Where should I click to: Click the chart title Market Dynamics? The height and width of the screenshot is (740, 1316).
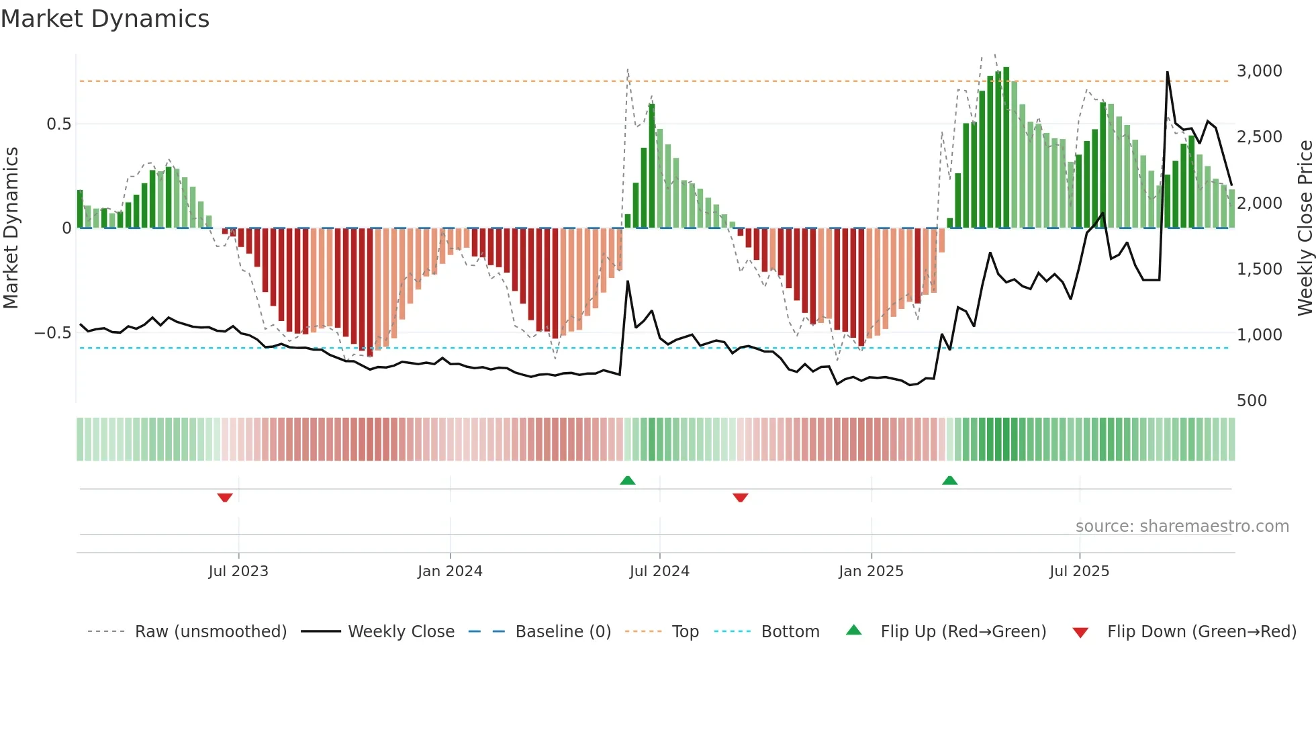click(105, 19)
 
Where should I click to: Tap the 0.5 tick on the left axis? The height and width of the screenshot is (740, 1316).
click(58, 124)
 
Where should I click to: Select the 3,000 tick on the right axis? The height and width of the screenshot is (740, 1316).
click(1259, 71)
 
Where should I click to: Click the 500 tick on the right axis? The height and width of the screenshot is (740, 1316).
click(1252, 401)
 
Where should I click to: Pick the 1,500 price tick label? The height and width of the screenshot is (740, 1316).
click(1259, 269)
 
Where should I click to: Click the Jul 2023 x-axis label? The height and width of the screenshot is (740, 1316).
click(238, 571)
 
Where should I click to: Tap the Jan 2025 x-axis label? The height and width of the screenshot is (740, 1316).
click(871, 571)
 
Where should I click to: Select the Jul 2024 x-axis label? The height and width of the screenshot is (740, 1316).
click(659, 571)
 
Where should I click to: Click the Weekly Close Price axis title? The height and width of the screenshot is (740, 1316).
click(1305, 228)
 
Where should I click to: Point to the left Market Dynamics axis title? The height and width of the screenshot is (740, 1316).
click(11, 228)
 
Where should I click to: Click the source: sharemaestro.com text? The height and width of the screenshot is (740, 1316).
click(1182, 526)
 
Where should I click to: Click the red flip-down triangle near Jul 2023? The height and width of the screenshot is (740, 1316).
click(225, 498)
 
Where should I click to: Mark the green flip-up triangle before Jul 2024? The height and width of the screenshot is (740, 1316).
click(627, 480)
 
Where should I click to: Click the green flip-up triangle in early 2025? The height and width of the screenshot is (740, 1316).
click(949, 480)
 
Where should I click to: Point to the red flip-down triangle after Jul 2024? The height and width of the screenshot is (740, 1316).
click(740, 498)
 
